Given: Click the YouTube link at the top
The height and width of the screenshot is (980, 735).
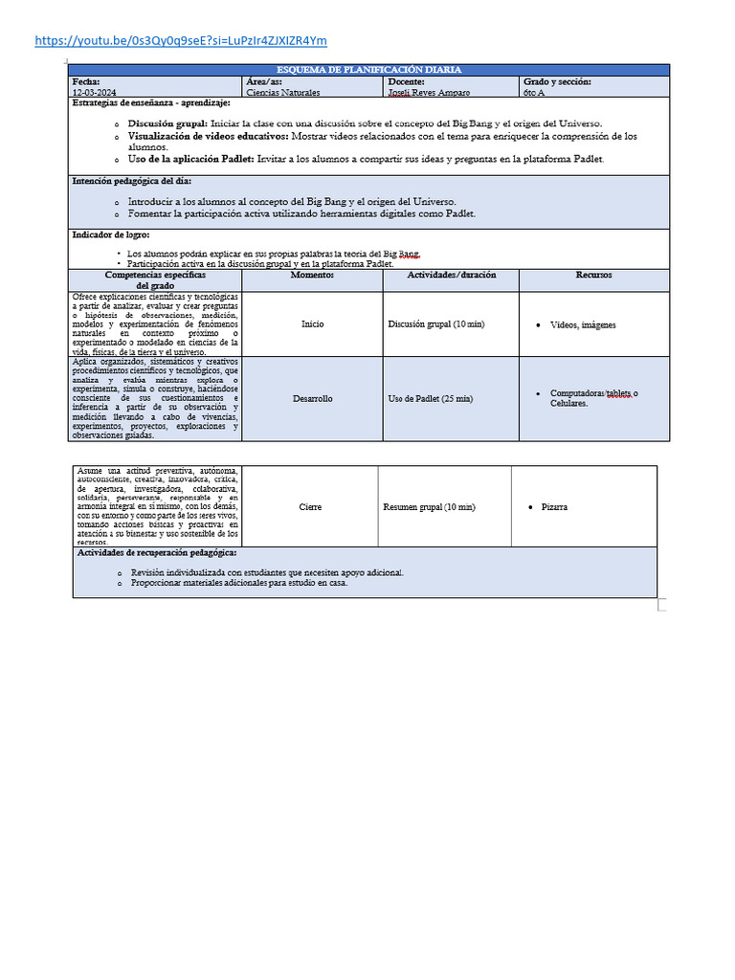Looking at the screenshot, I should [x=180, y=40].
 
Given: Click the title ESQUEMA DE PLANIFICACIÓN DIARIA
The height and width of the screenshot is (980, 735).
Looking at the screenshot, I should [x=368, y=70].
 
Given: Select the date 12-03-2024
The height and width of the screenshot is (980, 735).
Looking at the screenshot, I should [x=94, y=93].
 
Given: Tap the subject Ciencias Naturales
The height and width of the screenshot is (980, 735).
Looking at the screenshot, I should [x=283, y=93].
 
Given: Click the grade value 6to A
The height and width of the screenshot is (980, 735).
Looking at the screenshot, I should [x=536, y=93].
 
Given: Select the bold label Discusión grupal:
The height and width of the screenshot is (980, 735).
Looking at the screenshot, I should [x=167, y=123].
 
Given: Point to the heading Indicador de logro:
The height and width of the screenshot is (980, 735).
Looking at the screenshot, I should [x=111, y=234].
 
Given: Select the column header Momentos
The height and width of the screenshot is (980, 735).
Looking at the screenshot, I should [x=312, y=275].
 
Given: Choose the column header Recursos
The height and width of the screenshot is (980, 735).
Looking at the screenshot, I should [x=593, y=275].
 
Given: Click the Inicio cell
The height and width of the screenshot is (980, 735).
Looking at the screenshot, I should [x=312, y=324].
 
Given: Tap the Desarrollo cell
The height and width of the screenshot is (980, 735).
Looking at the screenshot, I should [x=312, y=398].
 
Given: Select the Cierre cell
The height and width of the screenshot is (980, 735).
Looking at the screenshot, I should [x=310, y=507].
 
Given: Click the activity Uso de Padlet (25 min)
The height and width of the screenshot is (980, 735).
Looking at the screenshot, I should [x=431, y=398].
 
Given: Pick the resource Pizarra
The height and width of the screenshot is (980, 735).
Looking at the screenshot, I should [x=554, y=507].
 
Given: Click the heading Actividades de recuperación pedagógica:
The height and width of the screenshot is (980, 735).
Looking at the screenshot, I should [x=157, y=553].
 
